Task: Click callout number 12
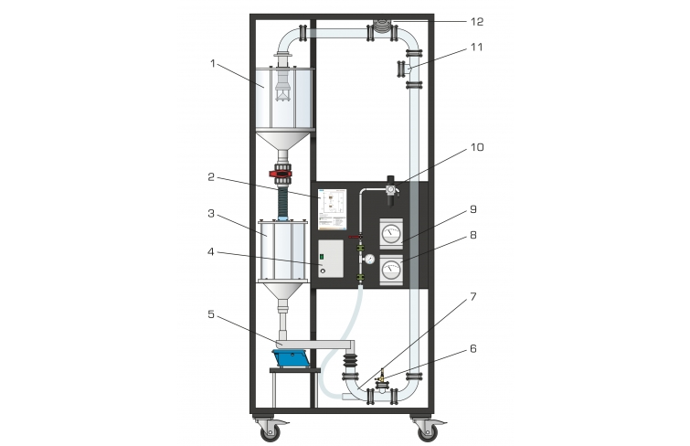pos(477,22)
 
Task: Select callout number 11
pos(476,48)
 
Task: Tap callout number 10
pos(477,147)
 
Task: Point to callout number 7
pos(473,297)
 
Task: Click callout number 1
pos(213,64)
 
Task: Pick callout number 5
pos(211,314)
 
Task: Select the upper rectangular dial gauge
pos(391,232)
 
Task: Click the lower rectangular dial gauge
pos(391,269)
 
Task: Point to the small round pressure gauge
pos(370,259)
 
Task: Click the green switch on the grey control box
pos(322,256)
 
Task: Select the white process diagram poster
pos(333,209)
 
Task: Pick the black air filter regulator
pos(391,191)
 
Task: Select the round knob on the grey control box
pos(323,271)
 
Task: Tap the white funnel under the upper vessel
pos(283,142)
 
